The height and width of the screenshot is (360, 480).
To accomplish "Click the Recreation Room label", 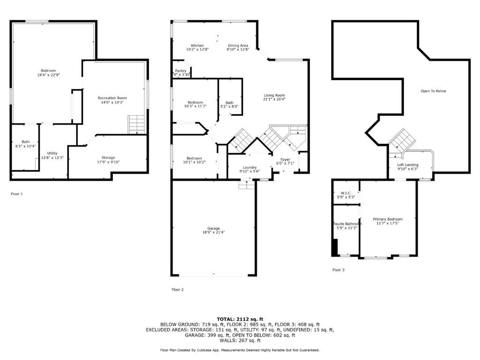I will (x=112, y=98).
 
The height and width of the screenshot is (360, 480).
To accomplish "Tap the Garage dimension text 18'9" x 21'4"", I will (x=213, y=232).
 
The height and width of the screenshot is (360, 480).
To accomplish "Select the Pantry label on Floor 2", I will (x=180, y=71).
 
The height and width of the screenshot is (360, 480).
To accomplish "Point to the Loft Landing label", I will (x=408, y=165).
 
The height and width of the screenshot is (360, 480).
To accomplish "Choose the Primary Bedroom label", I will (x=388, y=219).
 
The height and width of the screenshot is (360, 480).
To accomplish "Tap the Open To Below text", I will (x=433, y=91).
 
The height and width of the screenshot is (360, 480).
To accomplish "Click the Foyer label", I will (x=285, y=159).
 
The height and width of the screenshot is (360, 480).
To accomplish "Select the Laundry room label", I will (x=249, y=167).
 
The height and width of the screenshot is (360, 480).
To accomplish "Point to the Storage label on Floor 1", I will (x=108, y=157).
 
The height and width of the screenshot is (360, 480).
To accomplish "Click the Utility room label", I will (x=52, y=153).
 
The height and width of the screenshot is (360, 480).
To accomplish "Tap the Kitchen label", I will (x=197, y=45).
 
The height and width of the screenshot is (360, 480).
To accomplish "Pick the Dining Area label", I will (x=237, y=45).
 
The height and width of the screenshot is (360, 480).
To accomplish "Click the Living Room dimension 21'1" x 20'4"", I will (x=274, y=99).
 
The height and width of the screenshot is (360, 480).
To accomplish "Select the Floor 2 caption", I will (x=177, y=290).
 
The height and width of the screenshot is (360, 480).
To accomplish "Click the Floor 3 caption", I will (x=338, y=270).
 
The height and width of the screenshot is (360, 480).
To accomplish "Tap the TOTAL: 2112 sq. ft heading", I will (x=240, y=319).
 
